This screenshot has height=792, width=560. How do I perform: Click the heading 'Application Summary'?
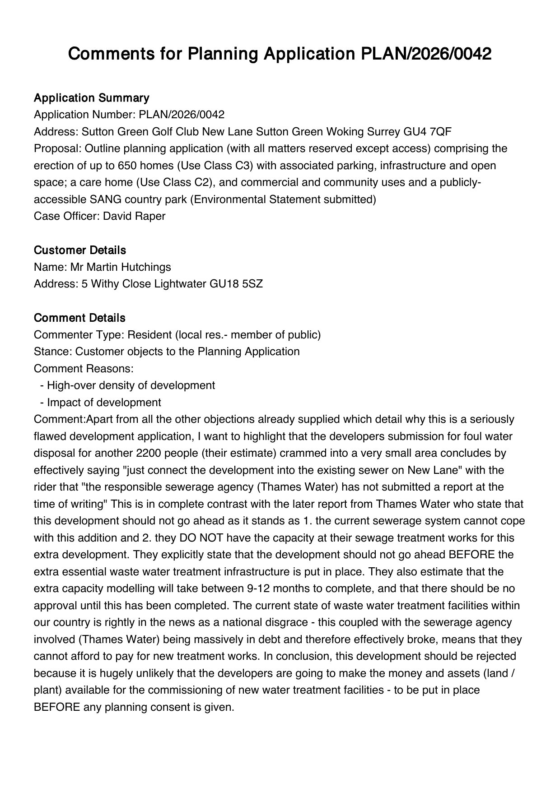point(91,98)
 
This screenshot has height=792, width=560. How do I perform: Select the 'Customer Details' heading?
point(80,250)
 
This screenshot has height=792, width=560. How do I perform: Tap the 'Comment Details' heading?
point(79,318)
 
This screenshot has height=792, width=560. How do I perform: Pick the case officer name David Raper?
point(134,216)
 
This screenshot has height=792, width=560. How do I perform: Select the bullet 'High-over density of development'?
point(131,385)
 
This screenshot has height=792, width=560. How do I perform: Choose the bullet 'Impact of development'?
point(103,403)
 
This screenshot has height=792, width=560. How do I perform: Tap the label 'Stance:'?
point(53,352)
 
